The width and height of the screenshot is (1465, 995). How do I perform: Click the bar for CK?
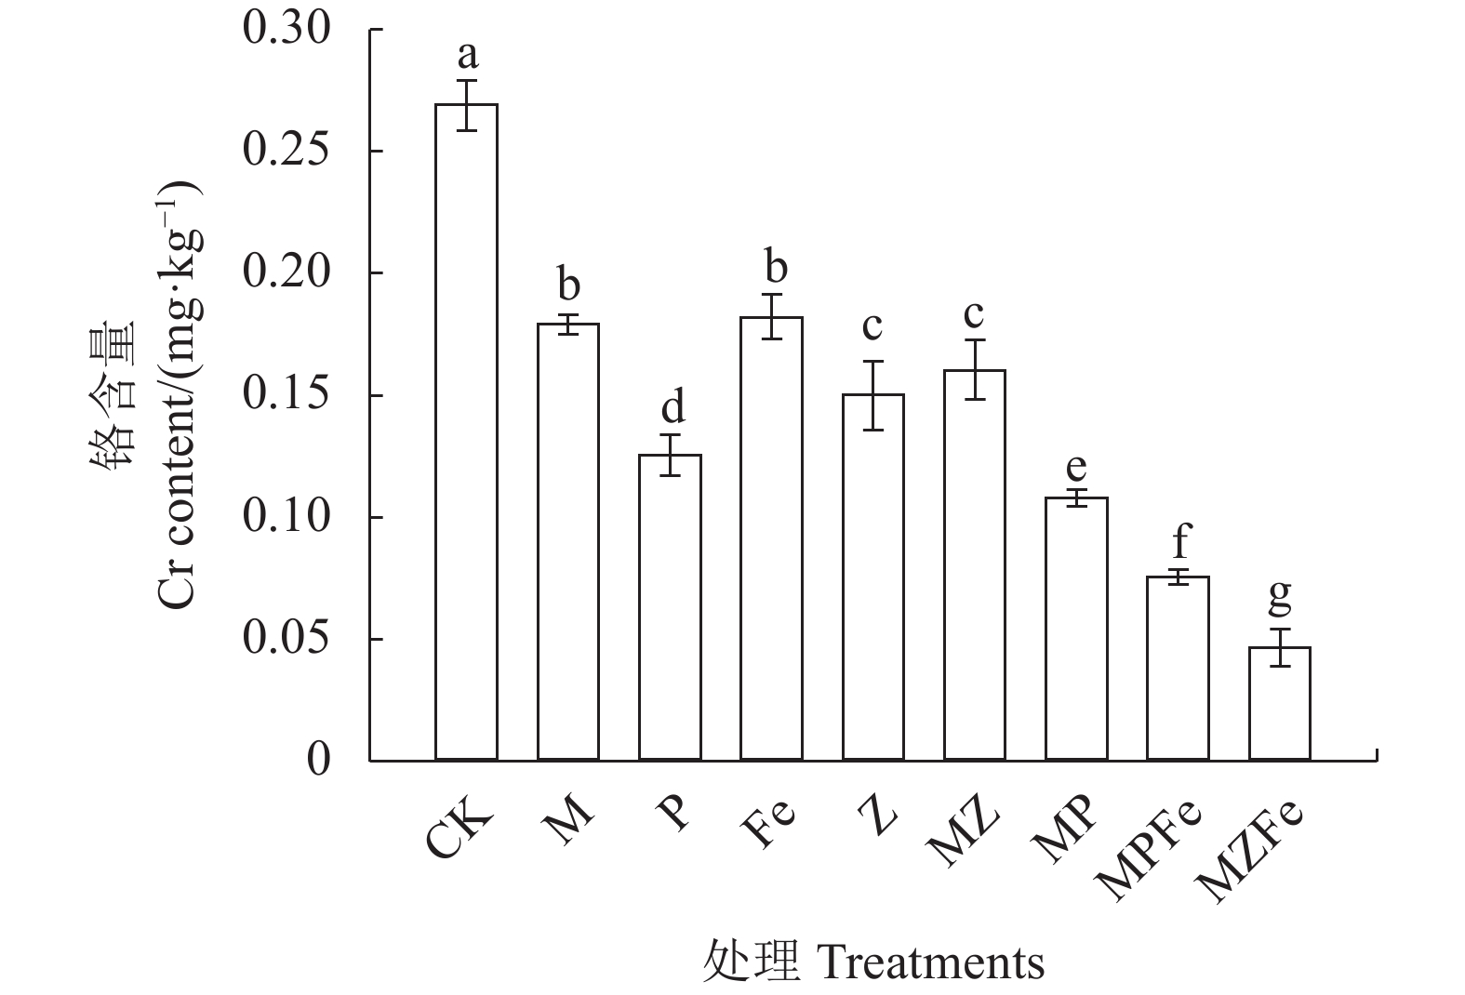(x=466, y=431)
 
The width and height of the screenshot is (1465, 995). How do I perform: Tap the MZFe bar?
(x=1279, y=704)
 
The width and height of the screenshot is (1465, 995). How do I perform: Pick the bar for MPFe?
(x=1178, y=669)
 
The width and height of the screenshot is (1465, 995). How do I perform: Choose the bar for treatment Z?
(x=872, y=577)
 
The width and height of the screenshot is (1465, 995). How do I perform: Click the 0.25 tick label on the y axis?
(x=286, y=152)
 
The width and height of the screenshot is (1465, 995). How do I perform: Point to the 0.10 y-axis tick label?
(x=286, y=518)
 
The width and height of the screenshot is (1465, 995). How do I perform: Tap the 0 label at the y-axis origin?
(x=318, y=761)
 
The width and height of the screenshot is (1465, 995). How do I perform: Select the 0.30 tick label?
(x=286, y=30)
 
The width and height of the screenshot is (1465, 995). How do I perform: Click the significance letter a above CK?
(x=467, y=56)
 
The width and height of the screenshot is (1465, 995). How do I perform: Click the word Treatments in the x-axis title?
(x=929, y=963)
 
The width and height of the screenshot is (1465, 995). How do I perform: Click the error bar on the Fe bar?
(x=771, y=316)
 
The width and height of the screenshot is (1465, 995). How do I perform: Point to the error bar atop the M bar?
(x=567, y=324)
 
